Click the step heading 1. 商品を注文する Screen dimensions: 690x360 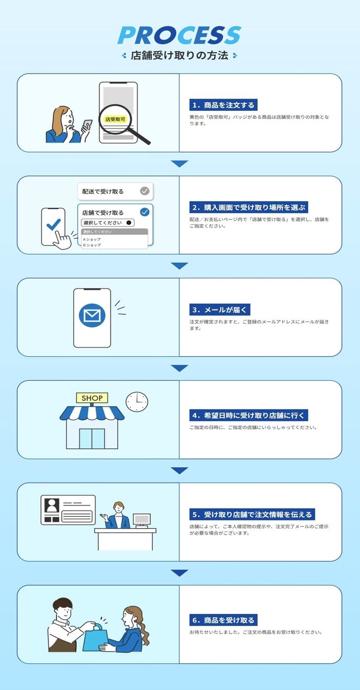[x=222, y=105]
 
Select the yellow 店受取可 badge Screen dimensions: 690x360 [x=115, y=119]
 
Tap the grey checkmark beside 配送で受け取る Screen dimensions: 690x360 [x=145, y=191]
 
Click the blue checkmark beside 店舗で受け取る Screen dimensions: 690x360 [x=145, y=212]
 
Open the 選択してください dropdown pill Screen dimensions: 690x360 [x=108, y=222]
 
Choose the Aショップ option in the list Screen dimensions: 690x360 [x=92, y=239]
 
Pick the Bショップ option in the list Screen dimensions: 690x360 [x=92, y=245]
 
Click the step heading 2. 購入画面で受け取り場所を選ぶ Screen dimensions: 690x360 [x=249, y=208]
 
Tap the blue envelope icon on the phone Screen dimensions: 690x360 [x=92, y=315]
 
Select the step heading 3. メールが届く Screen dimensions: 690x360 [x=220, y=310]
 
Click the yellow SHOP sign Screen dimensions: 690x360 [x=92, y=398]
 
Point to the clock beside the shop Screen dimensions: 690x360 [x=137, y=402]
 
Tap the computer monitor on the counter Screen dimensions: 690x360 [x=142, y=520]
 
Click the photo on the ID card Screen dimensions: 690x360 [x=52, y=505]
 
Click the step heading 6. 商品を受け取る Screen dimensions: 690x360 [x=222, y=620]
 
